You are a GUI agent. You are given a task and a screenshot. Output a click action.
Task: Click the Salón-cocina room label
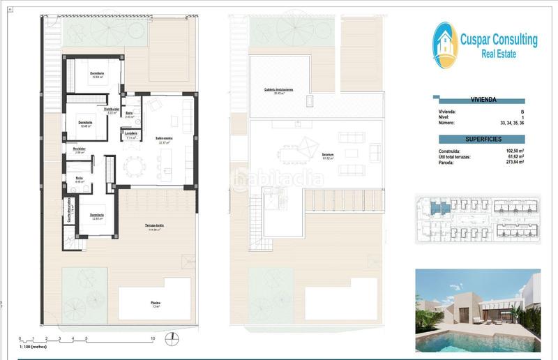(x=164, y=139)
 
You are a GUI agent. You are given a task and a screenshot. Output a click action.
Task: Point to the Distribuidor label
(x=114, y=110)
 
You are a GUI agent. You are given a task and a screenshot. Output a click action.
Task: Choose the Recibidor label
(x=79, y=149)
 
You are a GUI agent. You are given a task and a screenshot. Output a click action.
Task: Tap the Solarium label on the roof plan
(x=327, y=155)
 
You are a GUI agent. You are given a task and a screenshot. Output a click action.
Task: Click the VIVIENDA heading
(x=483, y=100)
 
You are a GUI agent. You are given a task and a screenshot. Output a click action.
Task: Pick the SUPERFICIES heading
(x=483, y=139)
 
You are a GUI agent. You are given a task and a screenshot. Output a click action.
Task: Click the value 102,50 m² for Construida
(x=513, y=151)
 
